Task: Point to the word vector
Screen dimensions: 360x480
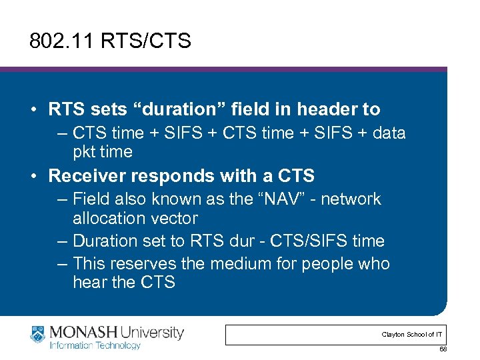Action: (175, 218)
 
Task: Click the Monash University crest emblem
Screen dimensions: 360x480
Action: (38, 335)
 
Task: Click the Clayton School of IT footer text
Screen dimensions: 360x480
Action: (411, 334)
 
